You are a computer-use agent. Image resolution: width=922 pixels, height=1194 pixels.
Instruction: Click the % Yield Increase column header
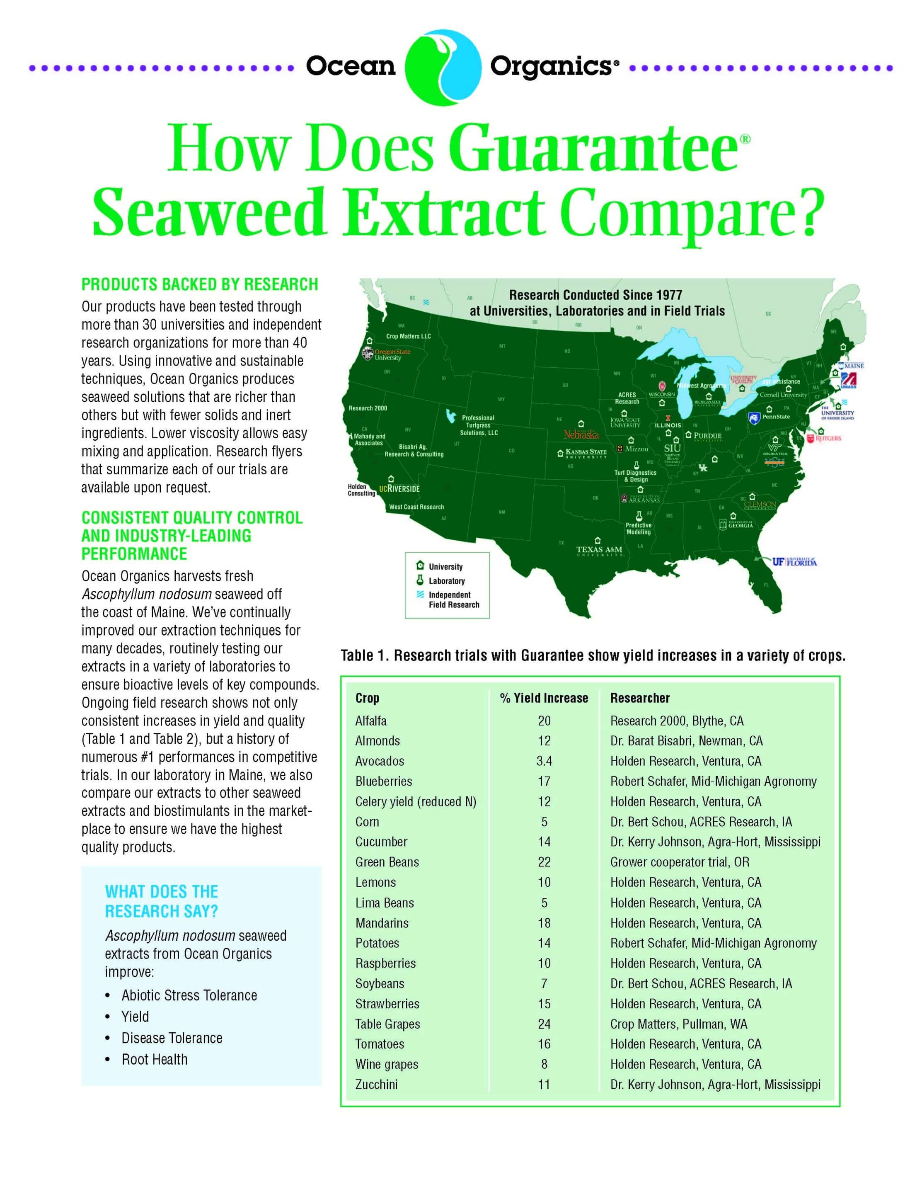544,698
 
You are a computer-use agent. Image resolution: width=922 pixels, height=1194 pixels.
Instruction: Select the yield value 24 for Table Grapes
544,1024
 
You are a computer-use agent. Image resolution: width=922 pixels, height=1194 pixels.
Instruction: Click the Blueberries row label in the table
383,781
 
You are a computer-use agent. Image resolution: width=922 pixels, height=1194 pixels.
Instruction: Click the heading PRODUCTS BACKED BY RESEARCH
199,284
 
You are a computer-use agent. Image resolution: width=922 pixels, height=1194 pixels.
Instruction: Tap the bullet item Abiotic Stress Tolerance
189,995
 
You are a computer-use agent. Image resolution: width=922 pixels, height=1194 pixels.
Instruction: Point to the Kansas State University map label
586,453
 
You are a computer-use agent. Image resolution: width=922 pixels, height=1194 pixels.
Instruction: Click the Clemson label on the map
759,504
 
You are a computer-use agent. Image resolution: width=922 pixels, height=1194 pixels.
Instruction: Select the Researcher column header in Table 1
639,698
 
